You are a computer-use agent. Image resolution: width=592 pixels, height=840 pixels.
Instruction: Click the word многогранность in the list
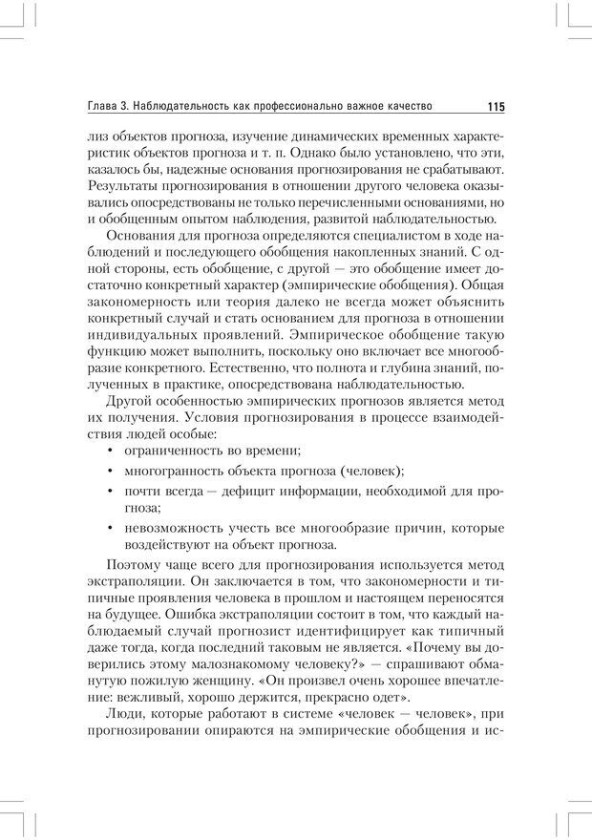[177, 472]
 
